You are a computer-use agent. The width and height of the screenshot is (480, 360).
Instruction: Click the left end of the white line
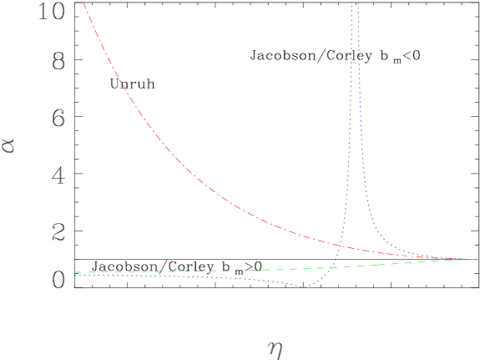(76, 245)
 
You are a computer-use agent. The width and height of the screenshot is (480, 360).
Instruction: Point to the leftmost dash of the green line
(78, 272)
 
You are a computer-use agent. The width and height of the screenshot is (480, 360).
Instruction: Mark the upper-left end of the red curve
(84, 3)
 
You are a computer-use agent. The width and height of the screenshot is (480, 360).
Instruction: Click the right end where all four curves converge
(476, 259)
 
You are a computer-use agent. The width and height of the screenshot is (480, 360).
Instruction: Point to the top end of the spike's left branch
(349, 3)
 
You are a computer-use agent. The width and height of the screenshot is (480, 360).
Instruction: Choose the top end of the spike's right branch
(357, 3)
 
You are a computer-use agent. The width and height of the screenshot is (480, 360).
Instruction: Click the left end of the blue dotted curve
(122, 276)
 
